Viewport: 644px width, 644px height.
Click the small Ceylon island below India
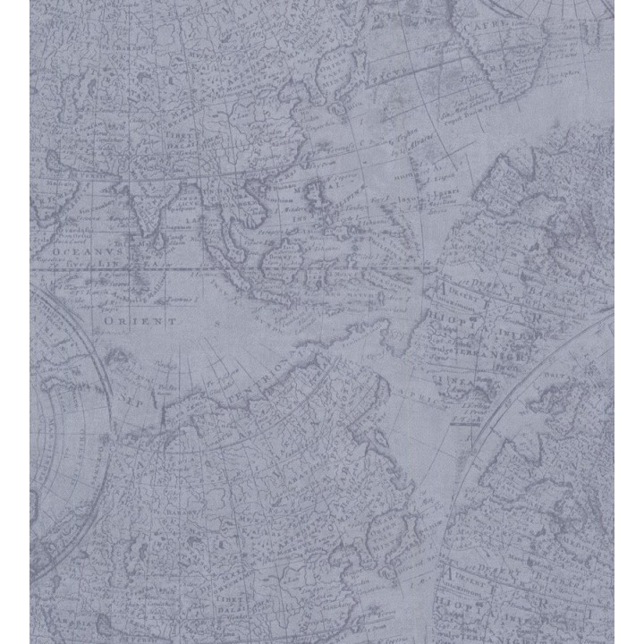click(x=159, y=240)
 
